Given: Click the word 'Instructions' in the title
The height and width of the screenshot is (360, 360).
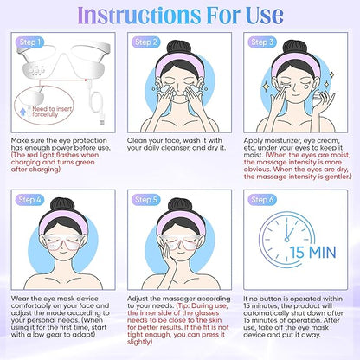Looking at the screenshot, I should tap(145, 15).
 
